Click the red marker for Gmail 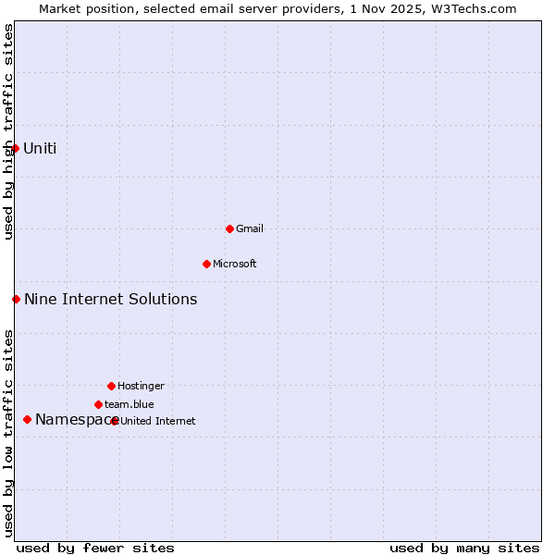click(229, 228)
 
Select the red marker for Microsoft click(206, 264)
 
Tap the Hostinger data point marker click(111, 386)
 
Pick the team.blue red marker click(98, 404)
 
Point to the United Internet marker click(115, 421)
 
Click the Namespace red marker click(27, 419)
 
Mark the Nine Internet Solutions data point click(16, 299)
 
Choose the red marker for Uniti click(15, 148)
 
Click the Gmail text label click(250, 228)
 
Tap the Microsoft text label click(235, 264)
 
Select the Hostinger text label click(141, 386)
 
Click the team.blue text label click(129, 404)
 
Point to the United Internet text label click(158, 421)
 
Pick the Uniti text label click(40, 148)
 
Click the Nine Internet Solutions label click(110, 299)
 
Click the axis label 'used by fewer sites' click(95, 548)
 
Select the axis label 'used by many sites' click(464, 548)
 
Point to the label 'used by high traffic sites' click(8, 131)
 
